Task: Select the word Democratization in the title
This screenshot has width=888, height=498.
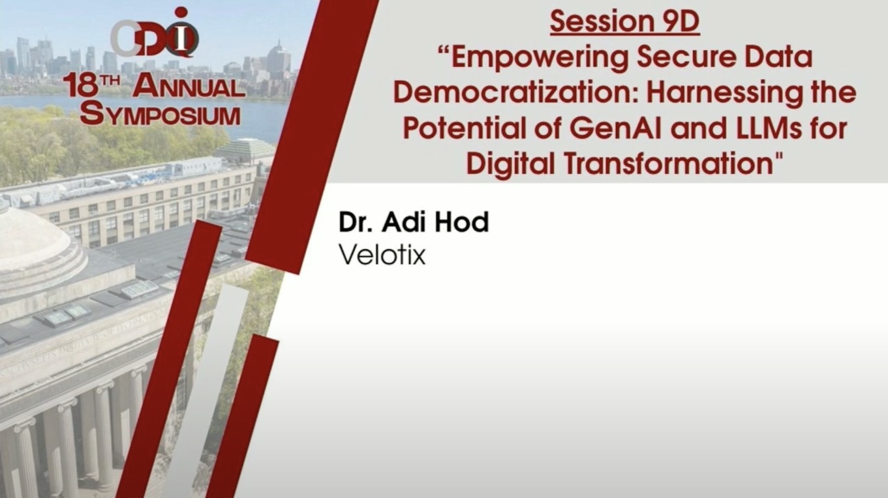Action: (x=515, y=93)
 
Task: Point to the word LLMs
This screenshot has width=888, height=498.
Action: (x=771, y=128)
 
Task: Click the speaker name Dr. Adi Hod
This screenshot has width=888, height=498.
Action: (x=414, y=222)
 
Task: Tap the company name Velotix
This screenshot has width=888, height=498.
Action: (x=382, y=255)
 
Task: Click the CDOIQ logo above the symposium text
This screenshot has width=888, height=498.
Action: (x=155, y=33)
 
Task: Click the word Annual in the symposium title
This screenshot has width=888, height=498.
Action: (x=189, y=87)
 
